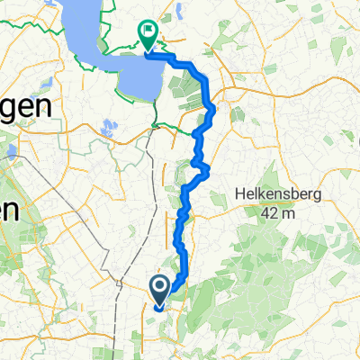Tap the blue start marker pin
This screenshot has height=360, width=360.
tap(159, 290)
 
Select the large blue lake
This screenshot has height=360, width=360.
tap(117, 54)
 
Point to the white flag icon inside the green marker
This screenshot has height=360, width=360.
tap(148, 31)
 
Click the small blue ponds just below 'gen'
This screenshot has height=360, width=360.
tap(110, 127)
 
